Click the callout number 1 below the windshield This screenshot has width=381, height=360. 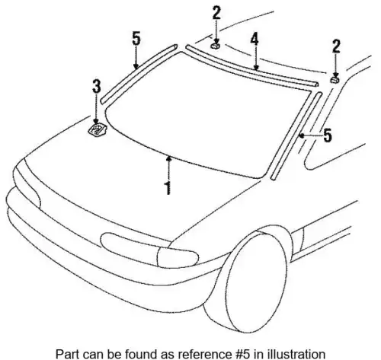168,188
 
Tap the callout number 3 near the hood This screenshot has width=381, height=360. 97,86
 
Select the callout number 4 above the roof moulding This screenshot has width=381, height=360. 255,40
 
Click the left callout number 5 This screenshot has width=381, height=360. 136,39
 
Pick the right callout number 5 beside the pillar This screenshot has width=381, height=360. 328,135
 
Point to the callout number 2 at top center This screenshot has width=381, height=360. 216,13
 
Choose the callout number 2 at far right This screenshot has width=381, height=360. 336,46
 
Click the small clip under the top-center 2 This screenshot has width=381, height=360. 216,46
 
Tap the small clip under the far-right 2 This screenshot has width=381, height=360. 335,80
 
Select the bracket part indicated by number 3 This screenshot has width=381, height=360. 97,129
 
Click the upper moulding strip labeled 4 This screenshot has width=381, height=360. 251,66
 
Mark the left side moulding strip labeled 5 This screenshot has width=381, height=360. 139,74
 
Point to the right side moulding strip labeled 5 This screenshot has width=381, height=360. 296,136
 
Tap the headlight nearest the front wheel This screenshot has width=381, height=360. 178,257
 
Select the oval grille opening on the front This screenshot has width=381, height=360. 128,244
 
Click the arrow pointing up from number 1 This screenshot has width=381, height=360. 168,168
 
